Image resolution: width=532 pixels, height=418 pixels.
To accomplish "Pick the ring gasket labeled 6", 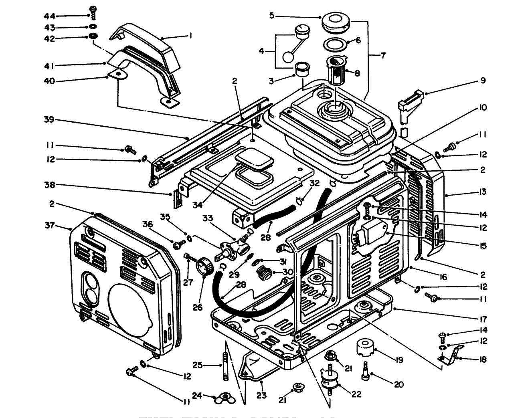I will (335, 44).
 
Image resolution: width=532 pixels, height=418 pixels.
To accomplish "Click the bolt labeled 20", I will (366, 370).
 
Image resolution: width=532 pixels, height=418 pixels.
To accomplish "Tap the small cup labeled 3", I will (301, 69).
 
